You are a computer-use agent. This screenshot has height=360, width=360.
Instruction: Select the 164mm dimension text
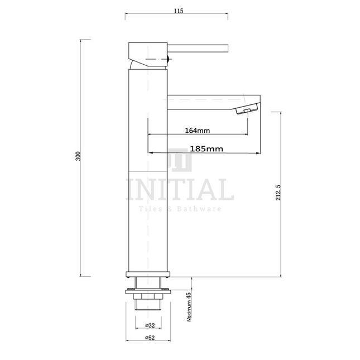pos(196,131)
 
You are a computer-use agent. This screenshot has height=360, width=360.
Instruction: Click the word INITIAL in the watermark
pos(180,190)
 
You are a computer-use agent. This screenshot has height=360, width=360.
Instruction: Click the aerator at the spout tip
pos(245,111)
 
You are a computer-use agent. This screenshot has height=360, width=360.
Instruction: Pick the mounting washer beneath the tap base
pos(148,289)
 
